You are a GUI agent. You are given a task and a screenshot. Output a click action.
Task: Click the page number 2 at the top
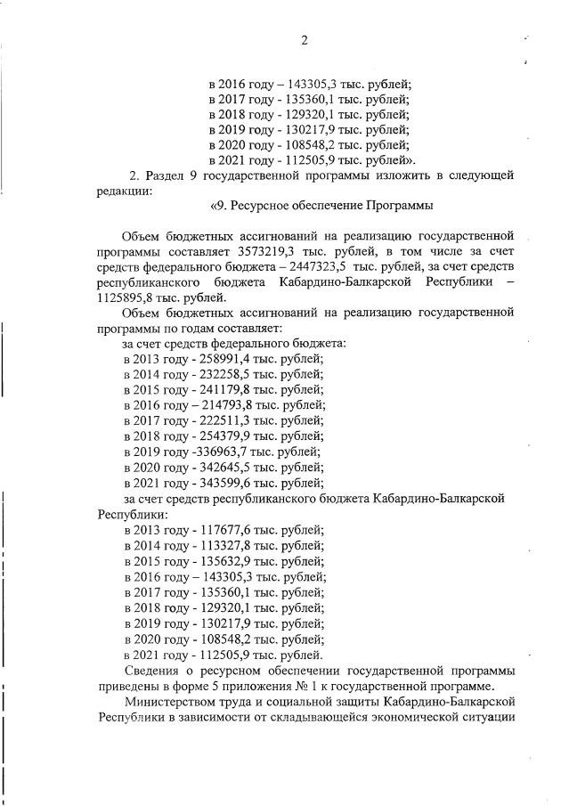pos(305,40)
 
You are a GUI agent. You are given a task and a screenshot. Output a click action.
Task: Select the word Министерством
pos(175,702)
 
